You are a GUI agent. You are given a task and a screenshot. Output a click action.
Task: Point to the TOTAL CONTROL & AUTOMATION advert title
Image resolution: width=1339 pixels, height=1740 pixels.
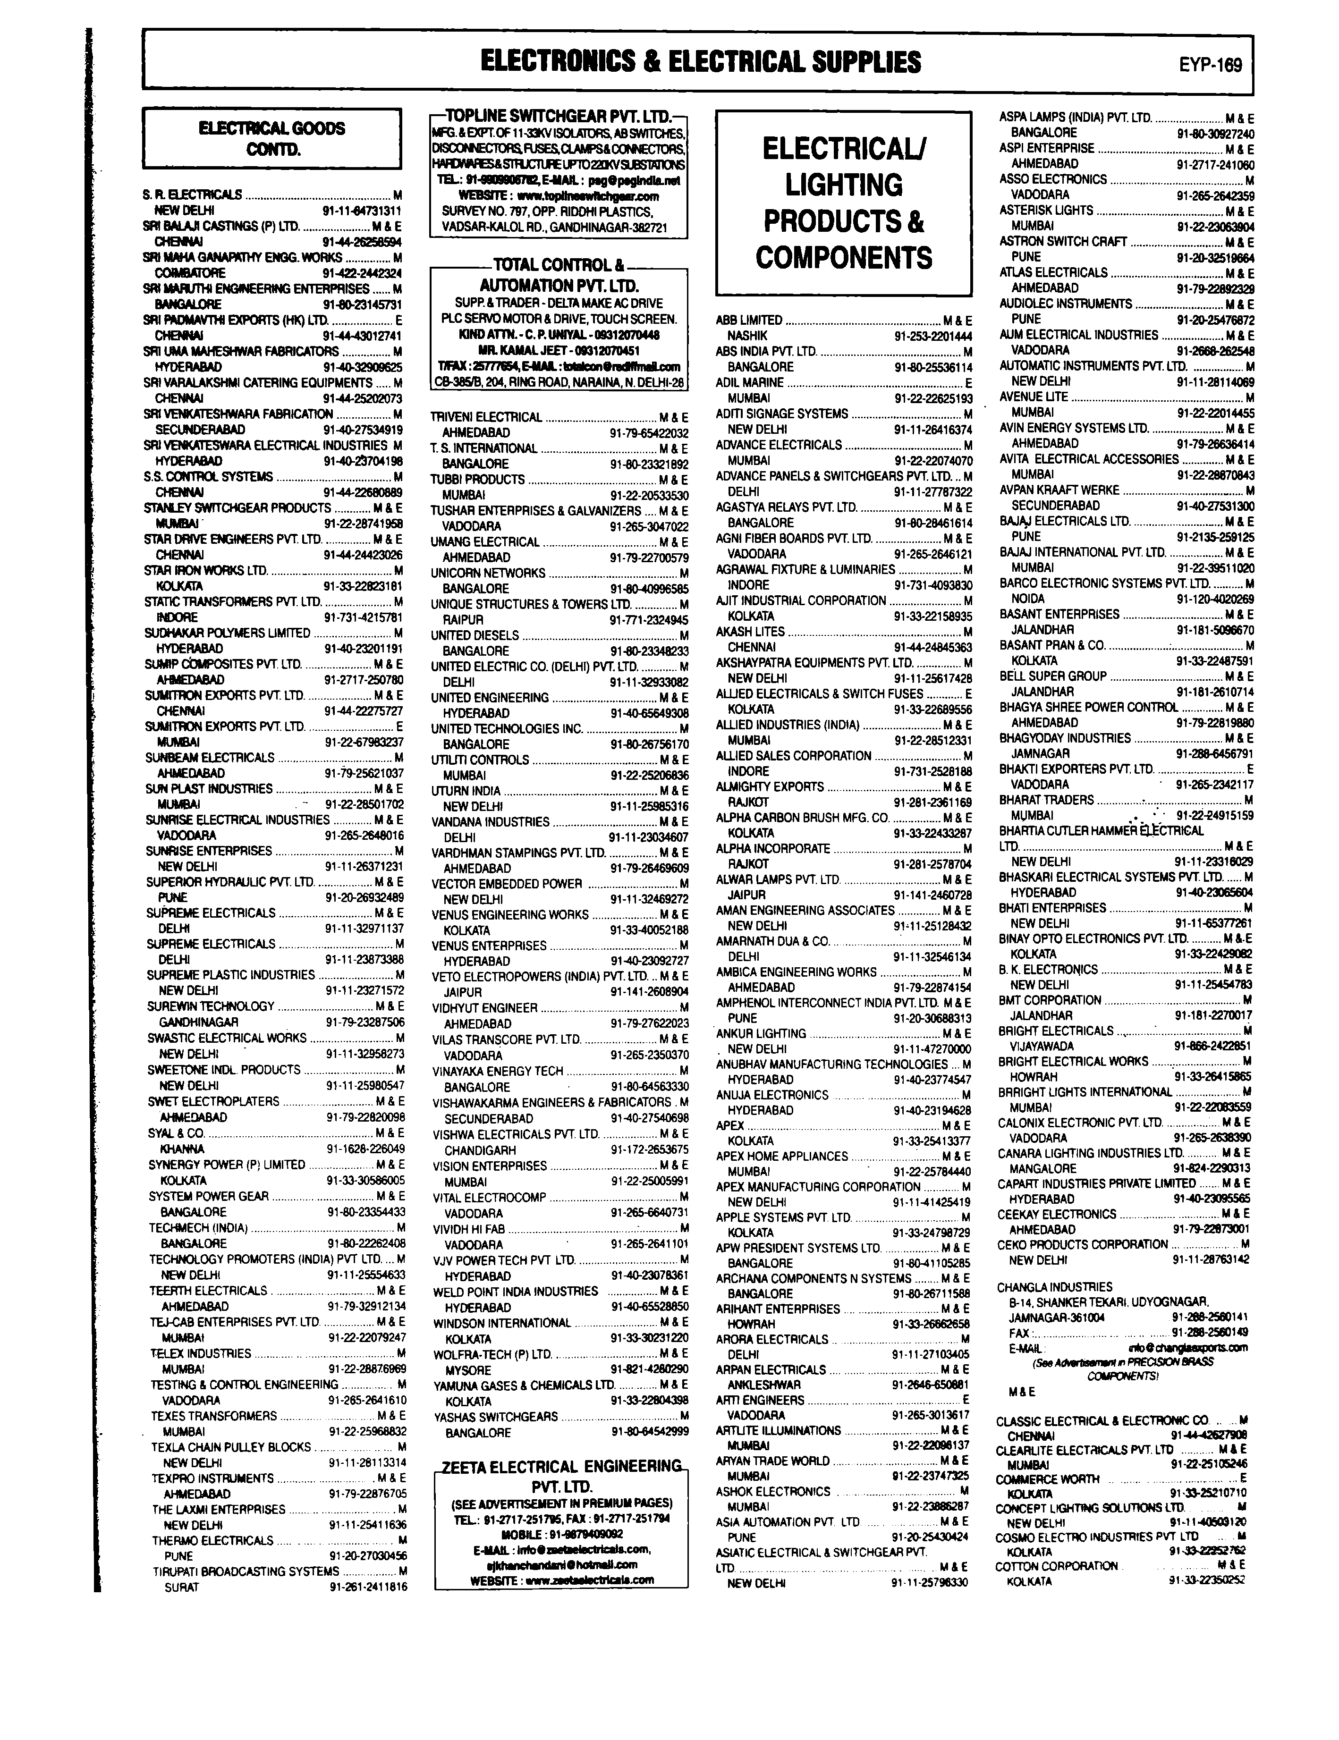[x=559, y=275]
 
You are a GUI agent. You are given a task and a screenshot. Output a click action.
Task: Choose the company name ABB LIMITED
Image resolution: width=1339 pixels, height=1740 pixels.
[x=749, y=320]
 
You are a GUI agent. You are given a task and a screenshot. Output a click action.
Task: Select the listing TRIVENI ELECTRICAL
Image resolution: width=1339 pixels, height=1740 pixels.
[x=486, y=417]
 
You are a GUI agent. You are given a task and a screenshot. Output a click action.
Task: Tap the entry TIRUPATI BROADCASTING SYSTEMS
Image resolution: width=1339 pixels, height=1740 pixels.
[x=246, y=1571]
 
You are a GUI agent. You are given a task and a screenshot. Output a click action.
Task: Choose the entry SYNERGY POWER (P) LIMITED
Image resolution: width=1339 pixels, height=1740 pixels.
[x=227, y=1165]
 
